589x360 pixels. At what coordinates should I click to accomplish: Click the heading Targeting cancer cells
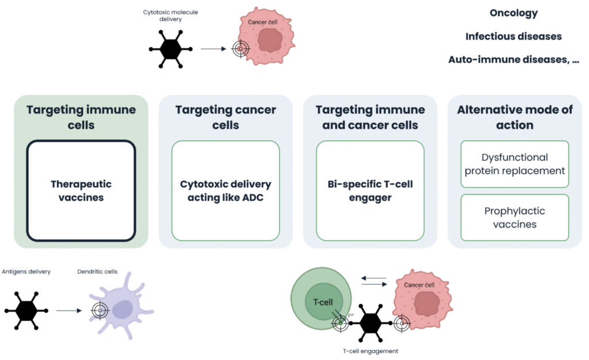coord(225,117)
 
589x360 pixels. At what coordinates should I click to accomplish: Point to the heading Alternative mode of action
coord(515,117)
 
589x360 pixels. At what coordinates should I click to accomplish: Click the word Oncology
coord(514,13)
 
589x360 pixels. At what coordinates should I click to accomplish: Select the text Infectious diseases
coord(514,36)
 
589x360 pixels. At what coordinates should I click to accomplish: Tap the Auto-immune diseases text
coord(514,60)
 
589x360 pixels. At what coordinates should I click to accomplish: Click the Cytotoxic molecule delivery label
coord(170,16)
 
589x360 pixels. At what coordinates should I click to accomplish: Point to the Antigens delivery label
coord(26,271)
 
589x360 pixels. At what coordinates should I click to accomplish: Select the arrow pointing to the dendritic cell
coord(69,311)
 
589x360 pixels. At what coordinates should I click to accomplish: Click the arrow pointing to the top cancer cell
coord(213,49)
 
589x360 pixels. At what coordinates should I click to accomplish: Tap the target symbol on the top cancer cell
coord(241,49)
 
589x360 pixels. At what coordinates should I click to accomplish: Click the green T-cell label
coord(323,302)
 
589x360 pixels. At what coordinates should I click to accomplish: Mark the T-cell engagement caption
coord(370,351)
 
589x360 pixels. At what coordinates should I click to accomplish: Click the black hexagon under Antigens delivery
coord(26,311)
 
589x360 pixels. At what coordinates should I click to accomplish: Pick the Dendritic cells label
coord(97,271)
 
